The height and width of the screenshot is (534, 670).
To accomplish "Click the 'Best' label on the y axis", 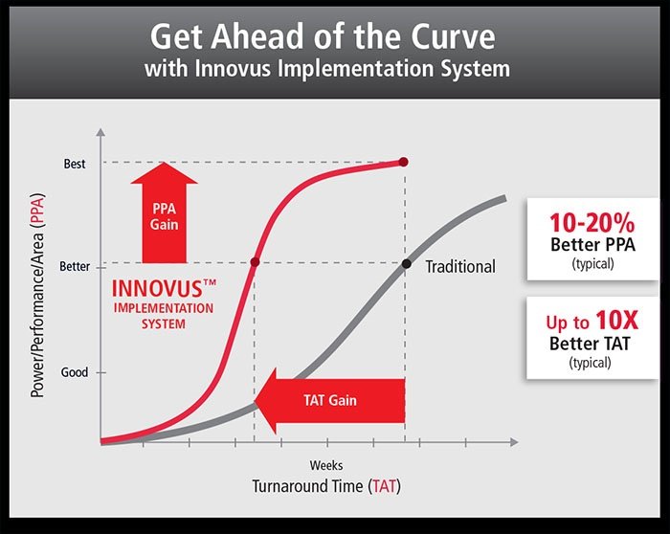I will (75, 164).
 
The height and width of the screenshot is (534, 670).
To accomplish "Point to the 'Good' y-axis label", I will (74, 372).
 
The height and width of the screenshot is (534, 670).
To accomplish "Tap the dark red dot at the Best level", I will (403, 162).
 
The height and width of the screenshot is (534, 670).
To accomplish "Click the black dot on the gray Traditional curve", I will (405, 263).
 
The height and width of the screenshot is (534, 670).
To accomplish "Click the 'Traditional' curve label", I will (460, 266).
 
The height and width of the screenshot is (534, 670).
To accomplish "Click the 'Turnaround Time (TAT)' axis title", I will (326, 486).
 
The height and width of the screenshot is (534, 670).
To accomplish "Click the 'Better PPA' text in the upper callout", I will (592, 246).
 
